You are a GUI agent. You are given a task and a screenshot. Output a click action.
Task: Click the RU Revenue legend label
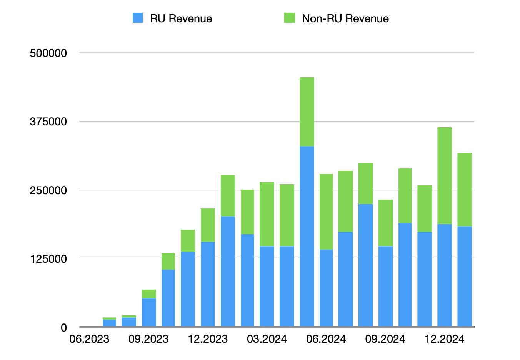point(181,18)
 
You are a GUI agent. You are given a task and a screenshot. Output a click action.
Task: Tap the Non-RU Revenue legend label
point(345,18)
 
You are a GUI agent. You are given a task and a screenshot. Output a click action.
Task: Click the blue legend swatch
point(138,18)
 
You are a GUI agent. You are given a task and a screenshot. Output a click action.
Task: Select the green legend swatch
point(289,18)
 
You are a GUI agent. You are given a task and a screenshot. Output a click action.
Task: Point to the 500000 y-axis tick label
point(48,53)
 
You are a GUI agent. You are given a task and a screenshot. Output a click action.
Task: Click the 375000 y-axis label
point(48,122)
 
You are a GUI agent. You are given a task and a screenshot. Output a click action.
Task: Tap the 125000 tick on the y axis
point(48,259)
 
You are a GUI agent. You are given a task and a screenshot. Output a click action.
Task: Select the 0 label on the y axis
point(64,328)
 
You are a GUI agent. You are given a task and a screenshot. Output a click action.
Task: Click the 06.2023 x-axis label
point(89,339)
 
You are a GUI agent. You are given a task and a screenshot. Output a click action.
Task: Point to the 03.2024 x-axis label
point(267,339)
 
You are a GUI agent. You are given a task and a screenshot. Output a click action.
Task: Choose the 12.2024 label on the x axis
point(445,339)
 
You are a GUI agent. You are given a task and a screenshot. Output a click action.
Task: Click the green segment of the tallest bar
point(307,112)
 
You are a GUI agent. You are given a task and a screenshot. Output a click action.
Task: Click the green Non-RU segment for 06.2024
point(326,212)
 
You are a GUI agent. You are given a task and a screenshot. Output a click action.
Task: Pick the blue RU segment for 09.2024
point(385,286)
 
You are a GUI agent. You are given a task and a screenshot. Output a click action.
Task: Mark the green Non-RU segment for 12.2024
point(445,175)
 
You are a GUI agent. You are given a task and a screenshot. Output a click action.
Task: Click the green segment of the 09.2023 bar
point(149,294)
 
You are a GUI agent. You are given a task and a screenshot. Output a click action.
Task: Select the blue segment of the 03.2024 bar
point(267,286)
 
